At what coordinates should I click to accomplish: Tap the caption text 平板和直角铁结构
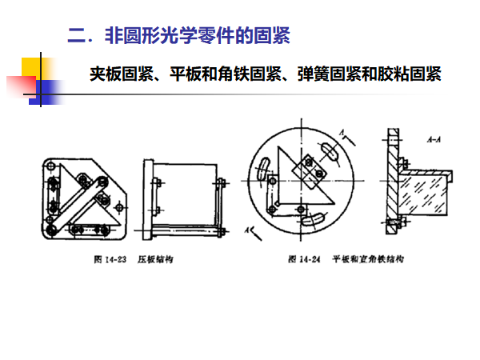[369, 260]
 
